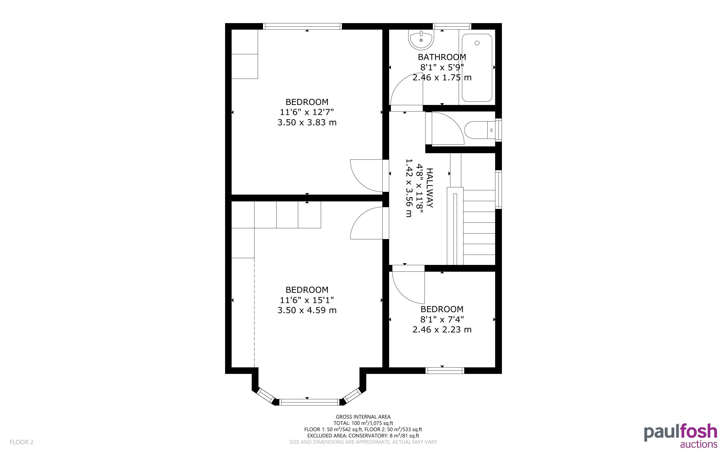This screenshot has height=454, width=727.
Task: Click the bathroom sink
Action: (421, 40)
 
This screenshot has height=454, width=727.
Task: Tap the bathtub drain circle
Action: (477, 43)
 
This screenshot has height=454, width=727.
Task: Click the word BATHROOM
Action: (442, 57)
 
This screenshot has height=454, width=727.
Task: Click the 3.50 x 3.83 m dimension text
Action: (307, 123)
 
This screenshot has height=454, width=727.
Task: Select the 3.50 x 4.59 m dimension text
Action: (307, 310)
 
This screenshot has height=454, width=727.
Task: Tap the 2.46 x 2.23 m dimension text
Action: (442, 329)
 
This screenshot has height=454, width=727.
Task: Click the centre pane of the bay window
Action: (309, 402)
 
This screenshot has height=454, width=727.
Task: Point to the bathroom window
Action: (452, 26)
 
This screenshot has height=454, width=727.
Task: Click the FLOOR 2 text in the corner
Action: (22, 442)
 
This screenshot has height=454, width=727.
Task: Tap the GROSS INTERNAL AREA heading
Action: (363, 417)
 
